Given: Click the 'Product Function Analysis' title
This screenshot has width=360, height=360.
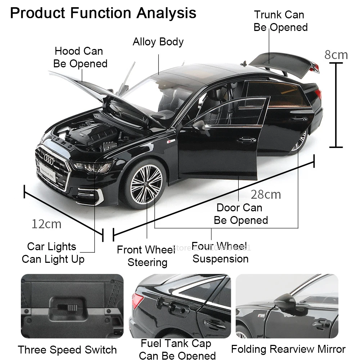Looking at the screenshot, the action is pyautogui.click(x=103, y=13).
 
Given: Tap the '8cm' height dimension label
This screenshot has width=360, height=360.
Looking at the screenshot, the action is pyautogui.click(x=336, y=55).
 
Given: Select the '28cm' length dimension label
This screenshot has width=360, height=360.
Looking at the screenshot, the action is pyautogui.click(x=266, y=194).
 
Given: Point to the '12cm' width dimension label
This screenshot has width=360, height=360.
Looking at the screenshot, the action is pyautogui.click(x=46, y=224).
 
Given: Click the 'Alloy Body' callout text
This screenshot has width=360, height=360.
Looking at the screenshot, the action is pyautogui.click(x=158, y=42).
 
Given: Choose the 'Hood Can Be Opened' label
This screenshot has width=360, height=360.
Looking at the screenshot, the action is pyautogui.click(x=80, y=57).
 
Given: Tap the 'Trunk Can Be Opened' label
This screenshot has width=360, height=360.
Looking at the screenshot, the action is pyautogui.click(x=280, y=21).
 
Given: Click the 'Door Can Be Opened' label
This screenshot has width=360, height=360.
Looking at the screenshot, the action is pyautogui.click(x=240, y=214).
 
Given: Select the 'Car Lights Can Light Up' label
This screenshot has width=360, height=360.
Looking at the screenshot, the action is pyautogui.click(x=53, y=253).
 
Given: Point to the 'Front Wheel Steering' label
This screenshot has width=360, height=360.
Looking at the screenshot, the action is pyautogui.click(x=147, y=256).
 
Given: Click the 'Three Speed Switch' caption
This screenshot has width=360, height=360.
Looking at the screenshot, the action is pyautogui.click(x=67, y=350).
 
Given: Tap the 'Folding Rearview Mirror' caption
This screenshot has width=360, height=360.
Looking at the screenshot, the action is pyautogui.click(x=288, y=349).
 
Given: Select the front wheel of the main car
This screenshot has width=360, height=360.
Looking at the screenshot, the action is pyautogui.click(x=145, y=184).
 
